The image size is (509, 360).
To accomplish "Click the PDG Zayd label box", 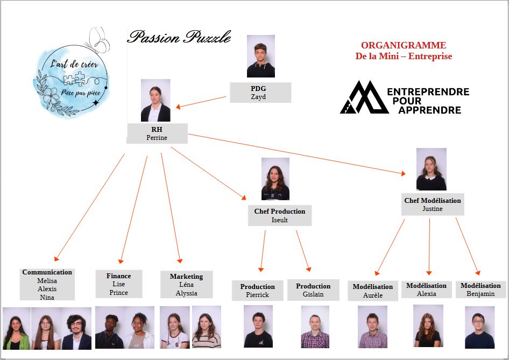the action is [260, 93].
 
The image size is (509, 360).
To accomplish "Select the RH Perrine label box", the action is [157, 133].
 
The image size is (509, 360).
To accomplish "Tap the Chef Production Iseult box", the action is [280, 215].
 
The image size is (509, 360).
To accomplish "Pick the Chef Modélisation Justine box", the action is [433, 204].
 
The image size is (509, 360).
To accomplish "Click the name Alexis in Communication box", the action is [47, 288].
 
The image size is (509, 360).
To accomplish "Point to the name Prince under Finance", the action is [118, 293].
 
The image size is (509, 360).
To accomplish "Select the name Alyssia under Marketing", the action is [186, 293].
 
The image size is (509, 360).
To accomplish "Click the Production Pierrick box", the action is [257, 291].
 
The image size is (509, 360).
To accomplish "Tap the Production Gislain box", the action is [313, 290].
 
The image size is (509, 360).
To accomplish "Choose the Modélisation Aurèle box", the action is [373, 291].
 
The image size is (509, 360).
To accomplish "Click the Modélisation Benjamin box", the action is [481, 289].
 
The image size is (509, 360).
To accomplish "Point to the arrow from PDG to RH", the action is [201, 102].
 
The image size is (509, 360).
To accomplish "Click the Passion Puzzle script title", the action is [179, 37].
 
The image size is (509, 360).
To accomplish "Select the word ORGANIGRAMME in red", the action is [404, 45].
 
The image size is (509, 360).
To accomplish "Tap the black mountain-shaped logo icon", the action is [364, 97].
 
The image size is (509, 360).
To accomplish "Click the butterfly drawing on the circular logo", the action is [97, 40].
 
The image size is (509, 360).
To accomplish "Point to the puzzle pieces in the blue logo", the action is [74, 79].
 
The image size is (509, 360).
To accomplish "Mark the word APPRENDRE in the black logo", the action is [430, 110].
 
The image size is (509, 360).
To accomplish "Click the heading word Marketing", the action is [186, 276].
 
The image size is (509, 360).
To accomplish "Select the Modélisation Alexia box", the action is [427, 289].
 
